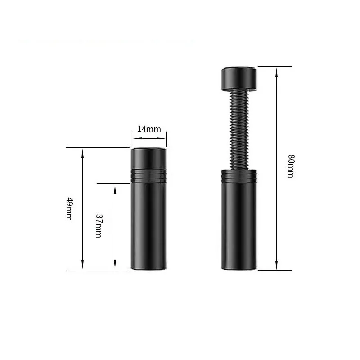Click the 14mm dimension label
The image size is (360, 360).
149,129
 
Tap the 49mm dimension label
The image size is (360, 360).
69,209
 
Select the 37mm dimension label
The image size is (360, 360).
99,226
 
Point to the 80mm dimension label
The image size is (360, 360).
291,166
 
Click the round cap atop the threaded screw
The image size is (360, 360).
239,79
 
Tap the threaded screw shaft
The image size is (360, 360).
239,130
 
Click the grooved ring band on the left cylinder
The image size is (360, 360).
149,176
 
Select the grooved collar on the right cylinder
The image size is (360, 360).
239,175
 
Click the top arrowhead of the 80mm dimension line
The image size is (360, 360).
276,72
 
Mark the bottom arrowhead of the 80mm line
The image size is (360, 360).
276,265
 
